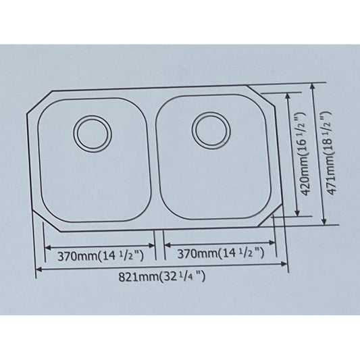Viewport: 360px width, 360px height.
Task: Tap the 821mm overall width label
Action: [162, 276]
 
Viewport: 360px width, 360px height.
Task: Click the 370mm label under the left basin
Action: [101, 255]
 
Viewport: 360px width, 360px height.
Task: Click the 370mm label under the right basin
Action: [221, 254]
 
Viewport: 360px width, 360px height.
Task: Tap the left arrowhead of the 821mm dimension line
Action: [39, 269]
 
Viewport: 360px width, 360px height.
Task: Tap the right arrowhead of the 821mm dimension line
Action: [284, 264]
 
